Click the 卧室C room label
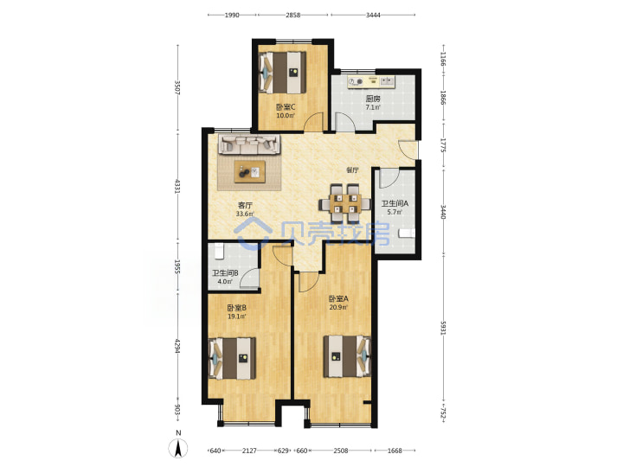[x=286, y=107]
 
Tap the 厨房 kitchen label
[x=373, y=99]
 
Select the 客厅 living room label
[x=245, y=205]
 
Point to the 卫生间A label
[x=395, y=203]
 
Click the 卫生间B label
[x=225, y=273]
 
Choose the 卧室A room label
[x=338, y=298]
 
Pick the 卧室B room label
[x=237, y=308]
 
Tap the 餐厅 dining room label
[x=352, y=170]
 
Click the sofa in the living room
[x=248, y=144]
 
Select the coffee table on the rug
[x=250, y=171]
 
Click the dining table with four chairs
[x=345, y=203]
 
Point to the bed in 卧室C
[x=282, y=73]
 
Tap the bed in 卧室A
[x=347, y=356]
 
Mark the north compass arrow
[x=178, y=449]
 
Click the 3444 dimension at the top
[x=373, y=15]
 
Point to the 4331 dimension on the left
[x=177, y=187]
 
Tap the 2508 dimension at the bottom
[x=341, y=451]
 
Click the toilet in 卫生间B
[x=219, y=251]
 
